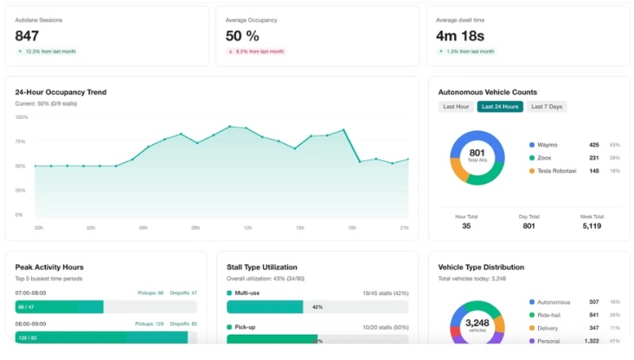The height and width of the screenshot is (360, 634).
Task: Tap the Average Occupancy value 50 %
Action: [243, 36]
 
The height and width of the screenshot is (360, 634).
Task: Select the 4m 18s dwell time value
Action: [460, 36]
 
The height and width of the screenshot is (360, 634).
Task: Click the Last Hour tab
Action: [456, 107]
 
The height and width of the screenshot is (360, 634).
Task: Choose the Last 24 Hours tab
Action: [499, 107]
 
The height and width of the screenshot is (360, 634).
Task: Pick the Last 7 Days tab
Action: [547, 107]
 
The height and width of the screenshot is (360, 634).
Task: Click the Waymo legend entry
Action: [548, 145]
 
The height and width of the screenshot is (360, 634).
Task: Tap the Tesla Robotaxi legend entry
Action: [557, 170]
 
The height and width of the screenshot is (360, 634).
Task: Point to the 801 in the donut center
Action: [477, 152]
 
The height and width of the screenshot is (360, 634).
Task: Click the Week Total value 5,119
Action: [591, 226]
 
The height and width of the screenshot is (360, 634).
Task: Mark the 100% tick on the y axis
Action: [22, 117]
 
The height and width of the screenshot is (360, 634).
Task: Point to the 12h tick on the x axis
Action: [247, 228]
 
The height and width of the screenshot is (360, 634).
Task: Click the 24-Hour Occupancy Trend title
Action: [60, 92]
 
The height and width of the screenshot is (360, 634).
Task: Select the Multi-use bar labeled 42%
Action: [265, 307]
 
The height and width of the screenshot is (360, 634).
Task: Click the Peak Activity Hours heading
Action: [49, 267]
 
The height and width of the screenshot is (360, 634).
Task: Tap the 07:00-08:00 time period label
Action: [31, 293]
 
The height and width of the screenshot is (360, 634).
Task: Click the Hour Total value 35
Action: [466, 226]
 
